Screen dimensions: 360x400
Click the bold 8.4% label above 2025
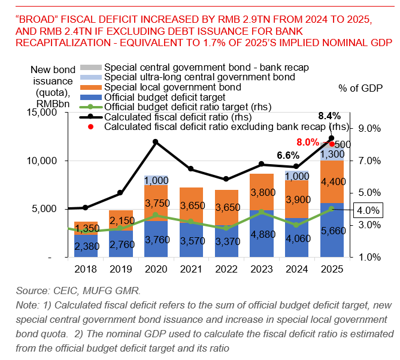329,116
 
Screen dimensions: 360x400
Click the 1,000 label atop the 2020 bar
156,180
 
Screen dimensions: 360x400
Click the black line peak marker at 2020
156,142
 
